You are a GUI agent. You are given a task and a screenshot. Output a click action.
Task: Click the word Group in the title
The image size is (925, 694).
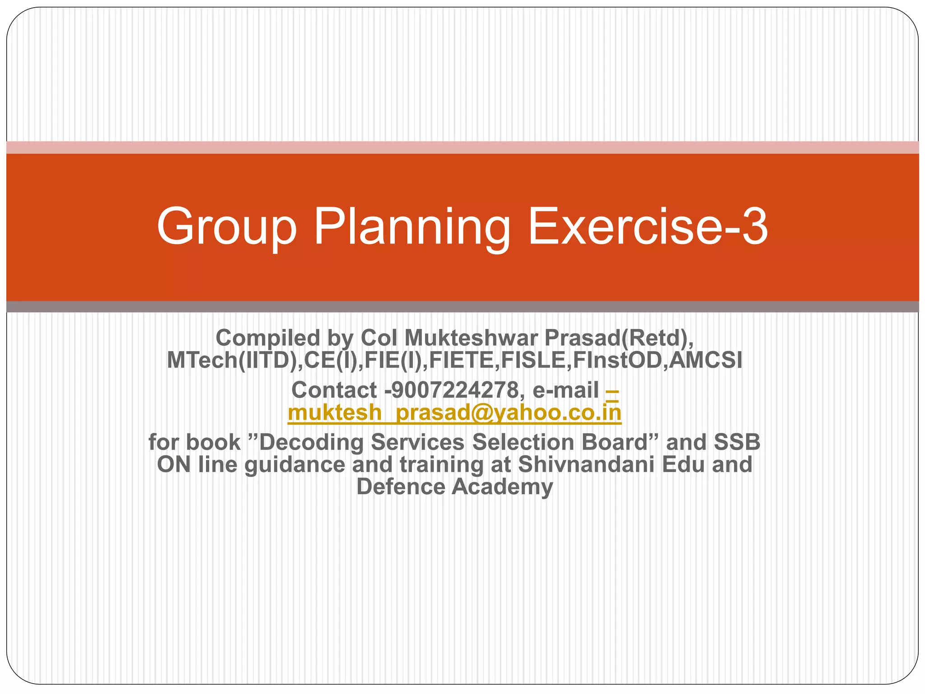click(226, 227)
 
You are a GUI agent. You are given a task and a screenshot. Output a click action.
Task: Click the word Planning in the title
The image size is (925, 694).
click(412, 227)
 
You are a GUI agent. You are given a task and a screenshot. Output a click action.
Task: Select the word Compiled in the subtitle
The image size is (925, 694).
click(268, 338)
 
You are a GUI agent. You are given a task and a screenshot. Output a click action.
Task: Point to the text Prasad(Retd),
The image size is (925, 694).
click(619, 338)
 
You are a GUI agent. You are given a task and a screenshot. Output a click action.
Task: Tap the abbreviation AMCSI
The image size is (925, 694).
click(705, 360)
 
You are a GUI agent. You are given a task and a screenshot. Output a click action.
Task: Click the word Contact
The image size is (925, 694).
click(334, 390)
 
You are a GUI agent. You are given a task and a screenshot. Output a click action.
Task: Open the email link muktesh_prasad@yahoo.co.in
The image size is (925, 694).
click(454, 413)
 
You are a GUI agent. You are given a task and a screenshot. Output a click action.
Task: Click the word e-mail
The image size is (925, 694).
click(565, 390)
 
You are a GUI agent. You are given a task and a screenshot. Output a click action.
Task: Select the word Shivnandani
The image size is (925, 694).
click(586, 464)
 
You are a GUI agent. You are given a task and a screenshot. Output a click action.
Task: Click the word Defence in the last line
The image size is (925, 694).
click(401, 487)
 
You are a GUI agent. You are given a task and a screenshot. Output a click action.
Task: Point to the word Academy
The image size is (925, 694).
click(502, 487)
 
